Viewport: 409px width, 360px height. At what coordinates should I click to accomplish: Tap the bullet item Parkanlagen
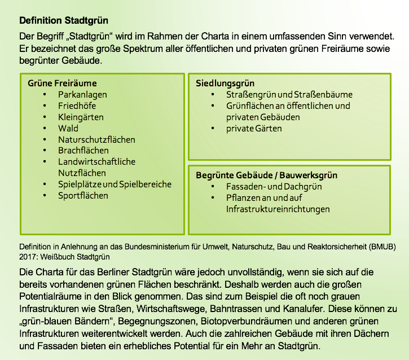pos(82,95)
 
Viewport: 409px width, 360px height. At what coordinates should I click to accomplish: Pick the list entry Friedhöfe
pos(77,106)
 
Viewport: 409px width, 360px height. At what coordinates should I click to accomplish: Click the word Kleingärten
pos(81,117)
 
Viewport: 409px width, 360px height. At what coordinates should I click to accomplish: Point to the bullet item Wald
pos(68,129)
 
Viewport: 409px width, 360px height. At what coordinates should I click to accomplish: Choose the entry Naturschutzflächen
pos(96,140)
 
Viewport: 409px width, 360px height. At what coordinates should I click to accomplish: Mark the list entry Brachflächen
pos(83,151)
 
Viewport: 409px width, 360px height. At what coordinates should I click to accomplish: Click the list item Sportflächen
pos(83,196)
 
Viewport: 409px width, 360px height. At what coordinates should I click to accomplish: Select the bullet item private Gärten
pos(254,129)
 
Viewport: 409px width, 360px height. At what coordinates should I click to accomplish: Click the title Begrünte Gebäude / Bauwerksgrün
pos(266,175)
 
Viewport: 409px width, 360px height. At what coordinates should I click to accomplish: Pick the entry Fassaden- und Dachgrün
pos(274,187)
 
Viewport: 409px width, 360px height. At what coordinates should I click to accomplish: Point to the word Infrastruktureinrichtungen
pos(278,209)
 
